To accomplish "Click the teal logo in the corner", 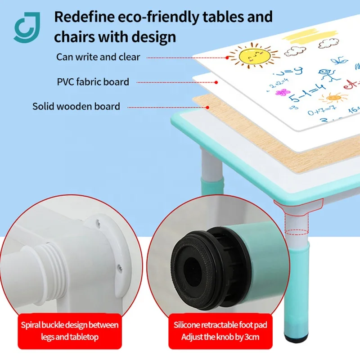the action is point(26,27).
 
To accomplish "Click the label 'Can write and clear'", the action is point(98,57).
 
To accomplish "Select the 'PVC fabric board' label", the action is point(93,82).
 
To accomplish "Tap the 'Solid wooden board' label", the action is point(76,107).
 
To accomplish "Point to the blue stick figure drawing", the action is point(329,73).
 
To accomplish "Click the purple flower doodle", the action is point(281,93).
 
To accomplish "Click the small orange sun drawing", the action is point(333,97).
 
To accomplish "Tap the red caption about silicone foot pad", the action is point(220,331).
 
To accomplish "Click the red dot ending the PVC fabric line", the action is point(216,82).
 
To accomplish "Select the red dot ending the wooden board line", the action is point(208,107).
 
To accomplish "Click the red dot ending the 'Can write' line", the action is point(228,58).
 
